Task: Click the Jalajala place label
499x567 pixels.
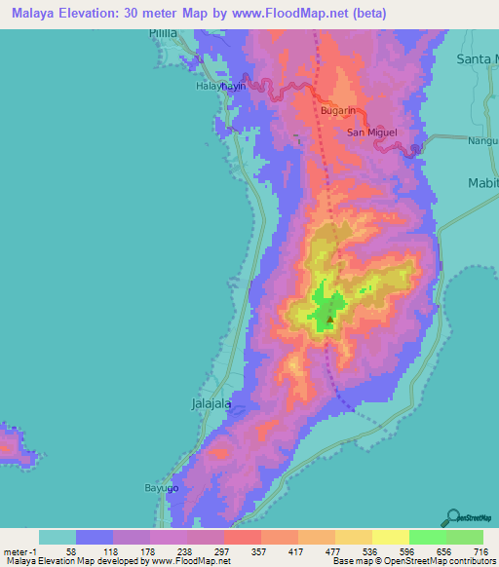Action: [x=208, y=401]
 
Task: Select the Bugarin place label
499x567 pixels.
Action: [x=337, y=110]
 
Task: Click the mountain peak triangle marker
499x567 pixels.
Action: [x=330, y=318]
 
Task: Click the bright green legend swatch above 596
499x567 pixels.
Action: [x=427, y=537]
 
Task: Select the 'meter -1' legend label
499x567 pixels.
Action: [x=19, y=550]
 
